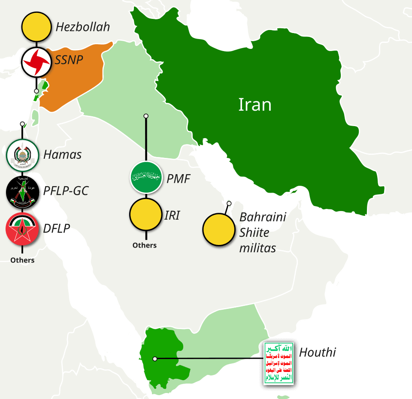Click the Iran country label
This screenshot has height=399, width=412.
click(255, 105)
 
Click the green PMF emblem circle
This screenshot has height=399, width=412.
click(146, 177)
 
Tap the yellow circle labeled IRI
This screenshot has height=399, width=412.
click(146, 214)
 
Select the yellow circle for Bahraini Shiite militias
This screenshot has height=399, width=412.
click(219, 230)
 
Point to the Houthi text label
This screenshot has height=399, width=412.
click(317, 353)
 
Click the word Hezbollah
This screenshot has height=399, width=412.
click(83, 27)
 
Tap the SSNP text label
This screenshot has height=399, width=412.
click(69, 60)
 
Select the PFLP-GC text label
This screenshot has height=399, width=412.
click(66, 190)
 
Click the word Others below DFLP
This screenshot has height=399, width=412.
click(22, 260)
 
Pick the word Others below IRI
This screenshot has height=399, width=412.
click(145, 245)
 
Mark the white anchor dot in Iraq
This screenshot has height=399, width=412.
click(146, 116)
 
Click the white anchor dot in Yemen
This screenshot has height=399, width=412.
click(155, 359)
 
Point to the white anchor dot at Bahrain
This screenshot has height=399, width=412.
click(229, 203)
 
